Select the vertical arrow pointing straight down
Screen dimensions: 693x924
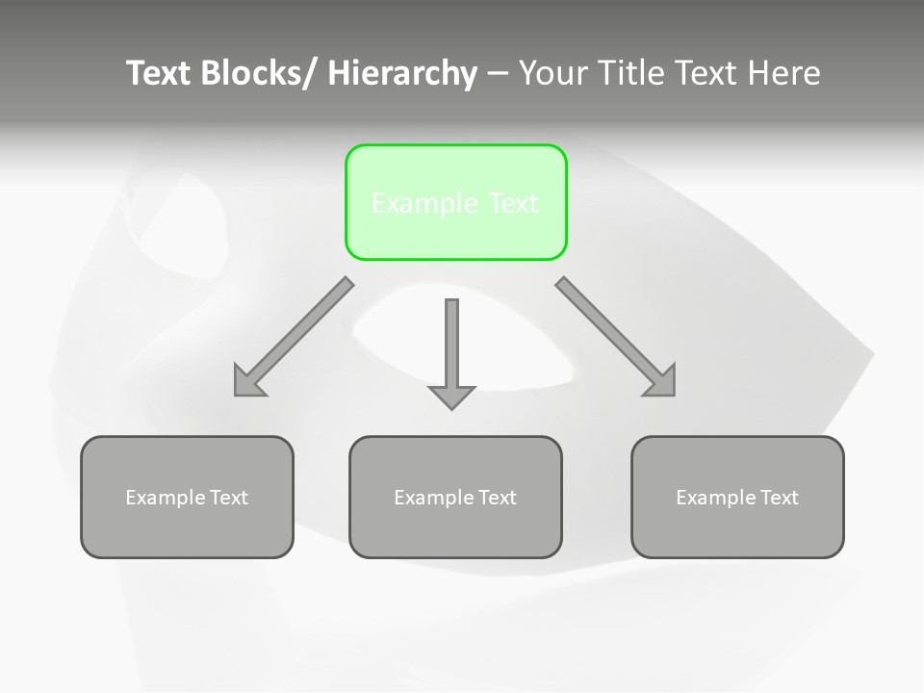coord(451,346)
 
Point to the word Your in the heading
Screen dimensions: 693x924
coord(554,73)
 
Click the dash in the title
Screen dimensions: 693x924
coord(497,73)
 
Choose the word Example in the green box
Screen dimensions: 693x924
coord(424,203)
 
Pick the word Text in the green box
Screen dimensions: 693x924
coord(513,203)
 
